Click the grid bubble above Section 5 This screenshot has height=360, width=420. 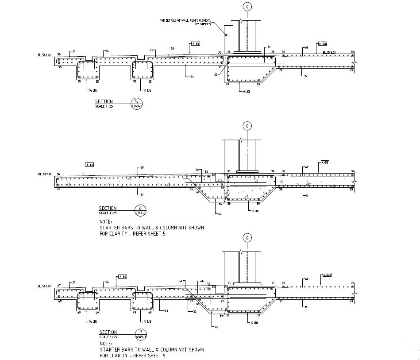[x=247, y=7]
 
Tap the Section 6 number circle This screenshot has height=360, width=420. [x=140, y=210]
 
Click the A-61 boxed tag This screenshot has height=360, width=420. [x=89, y=165]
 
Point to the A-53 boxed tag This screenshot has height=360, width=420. [x=324, y=163]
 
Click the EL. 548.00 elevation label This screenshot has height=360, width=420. [x=329, y=52]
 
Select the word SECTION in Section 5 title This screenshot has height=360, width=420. [x=104, y=101]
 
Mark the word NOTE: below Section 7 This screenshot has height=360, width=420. [x=105, y=343]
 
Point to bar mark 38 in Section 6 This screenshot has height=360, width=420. [x=142, y=167]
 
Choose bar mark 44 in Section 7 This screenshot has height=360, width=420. [x=181, y=281]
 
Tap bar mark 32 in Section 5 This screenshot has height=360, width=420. [x=268, y=47]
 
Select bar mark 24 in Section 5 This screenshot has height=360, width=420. [x=192, y=77]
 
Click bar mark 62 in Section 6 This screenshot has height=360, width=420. [x=220, y=214]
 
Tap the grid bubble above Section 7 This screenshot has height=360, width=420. [x=247, y=237]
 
